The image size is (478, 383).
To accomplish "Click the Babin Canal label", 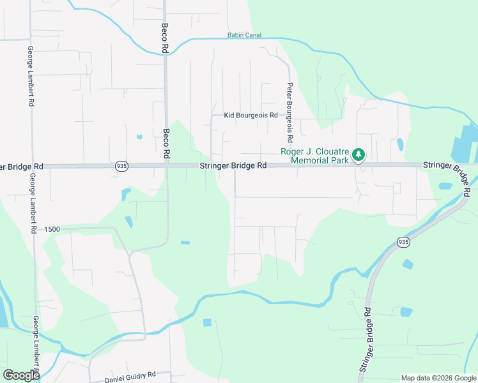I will click(245, 35).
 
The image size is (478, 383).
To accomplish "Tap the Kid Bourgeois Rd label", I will click(251, 116).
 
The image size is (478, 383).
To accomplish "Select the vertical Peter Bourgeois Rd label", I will click(289, 112).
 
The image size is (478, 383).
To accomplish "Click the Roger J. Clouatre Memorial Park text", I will click(315, 156).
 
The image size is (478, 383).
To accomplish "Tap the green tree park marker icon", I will click(359, 154).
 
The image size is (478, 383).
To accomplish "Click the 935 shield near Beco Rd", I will click(121, 166).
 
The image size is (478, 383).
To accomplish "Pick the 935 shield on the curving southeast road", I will click(403, 242).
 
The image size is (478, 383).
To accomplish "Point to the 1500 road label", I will click(52, 229).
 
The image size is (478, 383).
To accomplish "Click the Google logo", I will click(21, 375).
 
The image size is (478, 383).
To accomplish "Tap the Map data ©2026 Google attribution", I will click(438, 378).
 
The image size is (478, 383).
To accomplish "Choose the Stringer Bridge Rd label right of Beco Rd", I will click(233, 165).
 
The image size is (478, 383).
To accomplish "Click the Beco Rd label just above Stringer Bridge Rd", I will click(166, 144).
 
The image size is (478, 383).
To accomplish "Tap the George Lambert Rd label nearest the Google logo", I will click(36, 345).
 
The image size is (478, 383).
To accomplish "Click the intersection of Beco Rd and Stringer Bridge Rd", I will click(166, 165).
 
